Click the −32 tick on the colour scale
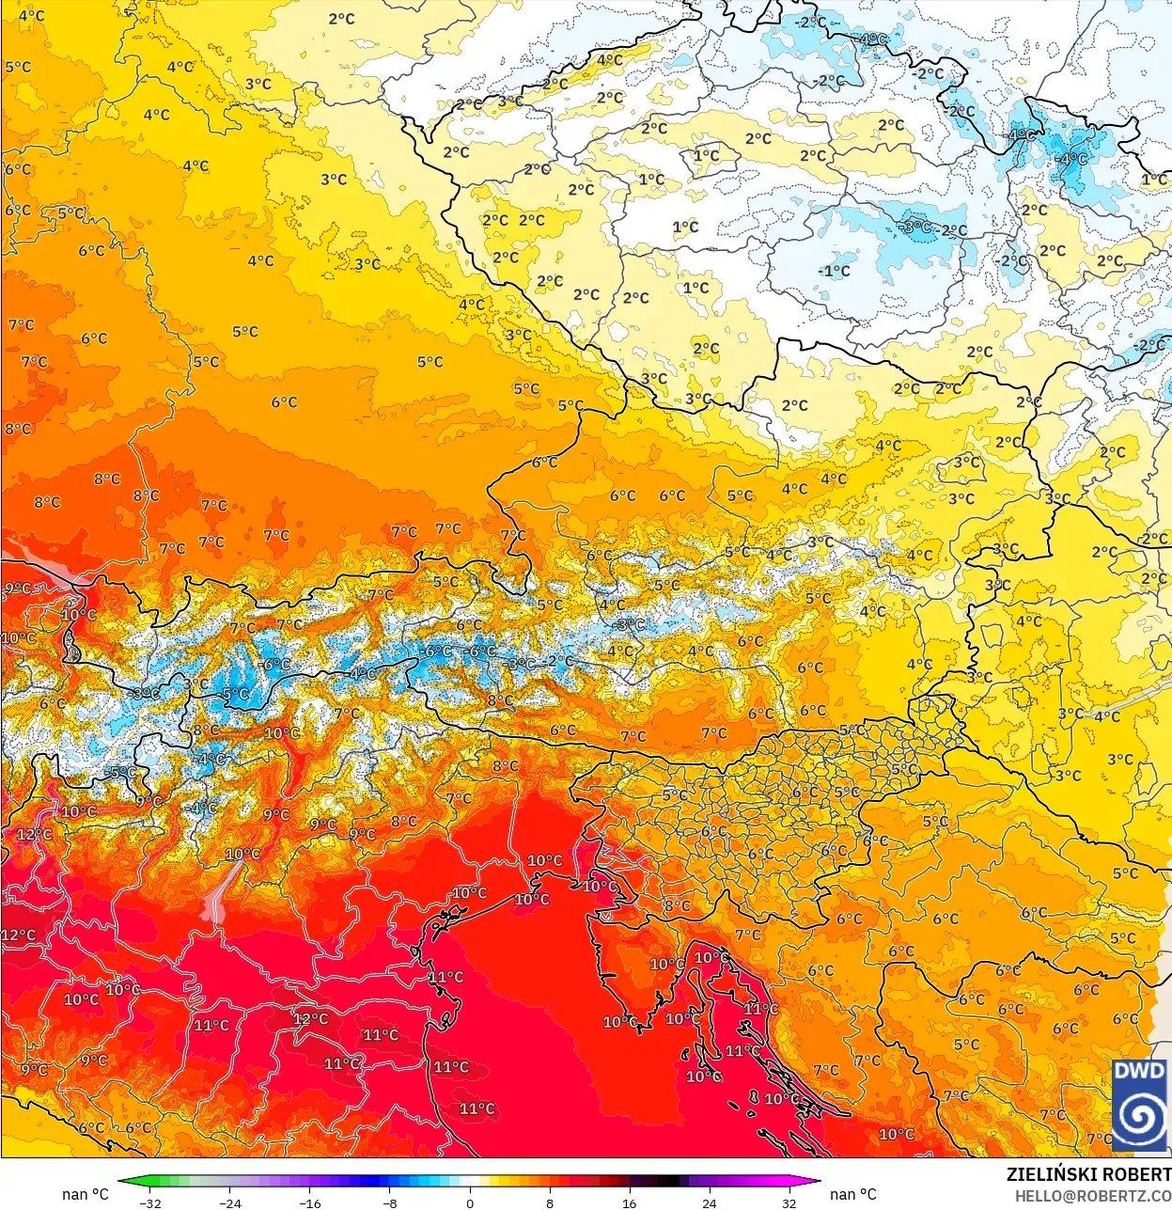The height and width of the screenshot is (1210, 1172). click(149, 1202)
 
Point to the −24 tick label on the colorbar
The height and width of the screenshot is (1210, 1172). click(229, 1202)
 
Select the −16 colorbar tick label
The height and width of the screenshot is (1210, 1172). click(309, 1202)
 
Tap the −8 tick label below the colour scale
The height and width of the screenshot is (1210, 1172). click(390, 1202)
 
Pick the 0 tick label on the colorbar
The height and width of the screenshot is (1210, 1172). click(470, 1202)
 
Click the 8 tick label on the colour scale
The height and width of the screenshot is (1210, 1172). click(550, 1202)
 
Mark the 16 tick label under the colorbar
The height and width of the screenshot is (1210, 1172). click(629, 1202)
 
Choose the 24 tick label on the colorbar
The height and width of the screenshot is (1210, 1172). click(709, 1202)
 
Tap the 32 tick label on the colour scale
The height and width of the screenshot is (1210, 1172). click(789, 1202)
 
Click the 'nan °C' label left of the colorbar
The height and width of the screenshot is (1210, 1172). click(86, 1194)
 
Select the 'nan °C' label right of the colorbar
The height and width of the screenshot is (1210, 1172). click(853, 1194)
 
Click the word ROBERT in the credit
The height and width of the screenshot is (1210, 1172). click(1136, 1174)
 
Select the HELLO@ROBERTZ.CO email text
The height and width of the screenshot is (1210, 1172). click(1092, 1196)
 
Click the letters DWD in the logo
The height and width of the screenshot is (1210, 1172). click(1139, 1071)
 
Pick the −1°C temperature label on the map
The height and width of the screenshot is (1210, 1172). click(834, 271)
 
